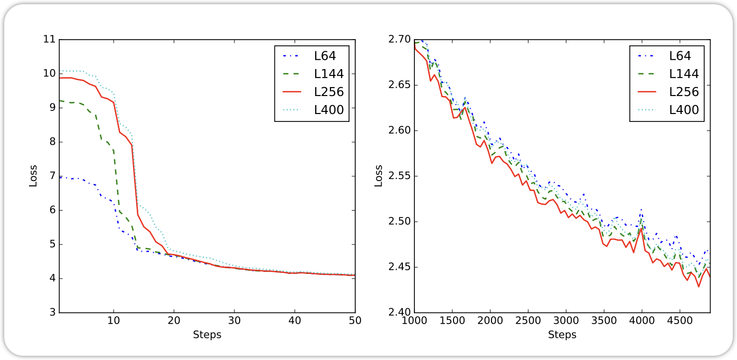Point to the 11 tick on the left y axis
click(x=49, y=39)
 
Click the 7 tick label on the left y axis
click(x=52, y=176)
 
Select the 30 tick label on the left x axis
click(x=234, y=320)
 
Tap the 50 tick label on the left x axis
click(x=355, y=320)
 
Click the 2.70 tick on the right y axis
click(x=400, y=39)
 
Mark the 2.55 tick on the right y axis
click(x=400, y=176)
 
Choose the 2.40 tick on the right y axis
click(x=400, y=312)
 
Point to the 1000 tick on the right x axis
click(x=414, y=320)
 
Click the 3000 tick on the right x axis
click(x=565, y=320)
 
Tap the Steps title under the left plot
click(x=207, y=335)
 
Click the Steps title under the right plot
click(x=562, y=335)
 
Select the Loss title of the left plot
click(x=33, y=176)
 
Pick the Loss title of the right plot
click(x=379, y=176)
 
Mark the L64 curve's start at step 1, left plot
click(x=60, y=177)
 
